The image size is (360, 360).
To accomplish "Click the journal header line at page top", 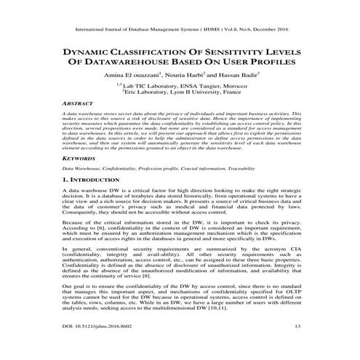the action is (x=180, y=31).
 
